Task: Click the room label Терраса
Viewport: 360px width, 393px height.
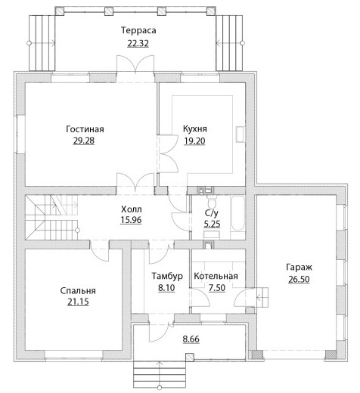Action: [x=138, y=30]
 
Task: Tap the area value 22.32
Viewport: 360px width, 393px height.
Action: [x=138, y=43]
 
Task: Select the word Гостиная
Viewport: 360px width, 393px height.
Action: [x=85, y=129]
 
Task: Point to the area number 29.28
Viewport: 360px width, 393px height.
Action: [x=84, y=141]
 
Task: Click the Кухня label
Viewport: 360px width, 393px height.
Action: [x=195, y=128]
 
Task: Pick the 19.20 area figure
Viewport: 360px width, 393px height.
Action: [x=194, y=141]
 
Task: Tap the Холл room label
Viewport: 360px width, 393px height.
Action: [x=132, y=209]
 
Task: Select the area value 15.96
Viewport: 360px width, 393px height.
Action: [x=131, y=220]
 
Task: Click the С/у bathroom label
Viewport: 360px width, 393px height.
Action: [x=212, y=213]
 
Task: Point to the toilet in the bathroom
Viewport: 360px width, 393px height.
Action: [x=211, y=200]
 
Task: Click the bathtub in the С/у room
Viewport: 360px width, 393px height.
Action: [x=238, y=213]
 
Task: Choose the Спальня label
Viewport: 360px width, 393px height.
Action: [x=78, y=291]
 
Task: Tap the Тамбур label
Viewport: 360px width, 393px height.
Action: [x=167, y=276]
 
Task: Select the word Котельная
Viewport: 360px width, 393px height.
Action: [x=216, y=276]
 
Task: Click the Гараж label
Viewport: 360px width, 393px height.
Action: [x=299, y=268]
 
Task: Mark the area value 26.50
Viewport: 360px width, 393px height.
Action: [x=299, y=280]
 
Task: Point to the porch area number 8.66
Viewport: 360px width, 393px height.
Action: [x=191, y=339]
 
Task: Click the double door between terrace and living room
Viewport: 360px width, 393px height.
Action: [x=135, y=64]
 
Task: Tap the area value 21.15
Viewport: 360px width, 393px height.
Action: [x=78, y=302]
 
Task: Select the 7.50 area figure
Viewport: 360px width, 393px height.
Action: [x=217, y=287]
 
